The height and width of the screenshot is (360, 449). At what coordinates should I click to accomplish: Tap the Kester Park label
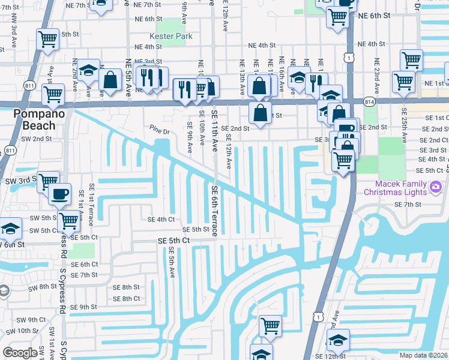point(175,37)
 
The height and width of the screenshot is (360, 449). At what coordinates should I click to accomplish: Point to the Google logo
point(20,353)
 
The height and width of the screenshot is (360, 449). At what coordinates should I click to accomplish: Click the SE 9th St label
point(83,307)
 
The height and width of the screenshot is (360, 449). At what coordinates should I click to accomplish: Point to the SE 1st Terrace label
point(92,205)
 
